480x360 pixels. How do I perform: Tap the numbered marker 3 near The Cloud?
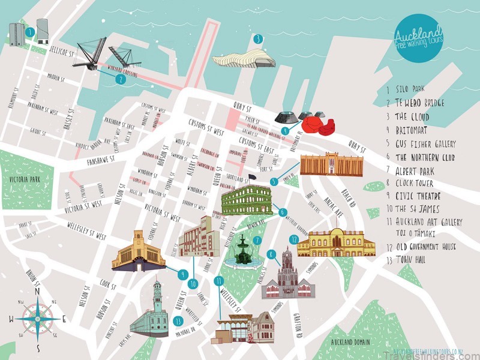[258, 40]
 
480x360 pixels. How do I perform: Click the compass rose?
[37, 319]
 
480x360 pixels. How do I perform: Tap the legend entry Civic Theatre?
[420, 195]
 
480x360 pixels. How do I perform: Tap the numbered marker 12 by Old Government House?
[293, 239]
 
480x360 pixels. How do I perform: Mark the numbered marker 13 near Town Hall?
[178, 321]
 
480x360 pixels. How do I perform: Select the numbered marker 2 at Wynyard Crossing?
[121, 79]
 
